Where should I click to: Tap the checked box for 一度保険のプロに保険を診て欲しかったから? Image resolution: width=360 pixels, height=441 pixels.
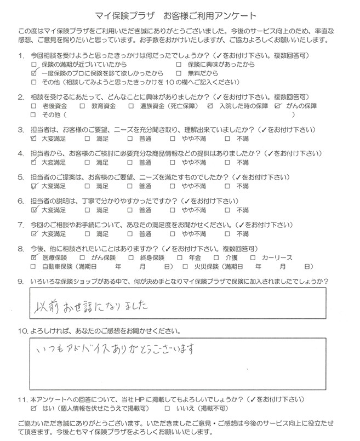[35, 73]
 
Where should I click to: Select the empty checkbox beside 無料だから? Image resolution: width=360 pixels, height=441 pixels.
[179, 73]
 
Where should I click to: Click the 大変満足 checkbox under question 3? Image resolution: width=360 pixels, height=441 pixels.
[35, 140]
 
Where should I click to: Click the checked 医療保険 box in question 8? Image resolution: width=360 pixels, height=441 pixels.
[35, 257]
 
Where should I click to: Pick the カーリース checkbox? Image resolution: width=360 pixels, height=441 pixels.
[253, 257]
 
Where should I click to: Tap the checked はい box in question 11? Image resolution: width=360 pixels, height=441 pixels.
[35, 409]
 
